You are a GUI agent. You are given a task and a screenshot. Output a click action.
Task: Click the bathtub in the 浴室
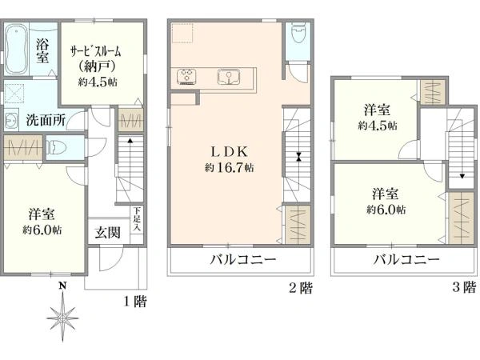click(17, 50)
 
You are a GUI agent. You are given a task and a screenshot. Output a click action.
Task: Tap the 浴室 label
click(42, 51)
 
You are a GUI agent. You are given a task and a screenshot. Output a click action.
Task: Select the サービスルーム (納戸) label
click(96, 58)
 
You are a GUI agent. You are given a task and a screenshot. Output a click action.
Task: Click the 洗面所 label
click(45, 120)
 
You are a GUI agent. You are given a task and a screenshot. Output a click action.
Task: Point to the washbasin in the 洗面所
click(11, 120)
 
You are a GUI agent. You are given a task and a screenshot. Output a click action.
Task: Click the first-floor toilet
click(56, 147)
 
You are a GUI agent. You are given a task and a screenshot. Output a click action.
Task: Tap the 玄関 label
click(107, 233)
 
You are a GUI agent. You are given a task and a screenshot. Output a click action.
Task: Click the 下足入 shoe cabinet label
click(137, 219)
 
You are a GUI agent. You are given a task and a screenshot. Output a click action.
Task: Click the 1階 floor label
click(135, 302)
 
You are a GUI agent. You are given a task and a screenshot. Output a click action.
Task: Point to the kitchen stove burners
click(186, 76)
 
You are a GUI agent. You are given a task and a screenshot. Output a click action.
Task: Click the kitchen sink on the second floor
click(229, 77)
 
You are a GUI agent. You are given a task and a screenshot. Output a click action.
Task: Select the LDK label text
click(229, 152)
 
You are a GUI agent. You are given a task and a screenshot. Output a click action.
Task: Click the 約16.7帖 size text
click(229, 168)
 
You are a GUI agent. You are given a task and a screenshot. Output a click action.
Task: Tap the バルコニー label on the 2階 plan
click(242, 260)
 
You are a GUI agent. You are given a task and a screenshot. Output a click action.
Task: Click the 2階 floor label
click(301, 288)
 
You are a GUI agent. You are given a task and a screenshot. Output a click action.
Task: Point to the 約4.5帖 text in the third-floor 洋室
click(378, 126)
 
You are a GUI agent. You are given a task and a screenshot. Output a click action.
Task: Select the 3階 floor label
click(464, 287)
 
